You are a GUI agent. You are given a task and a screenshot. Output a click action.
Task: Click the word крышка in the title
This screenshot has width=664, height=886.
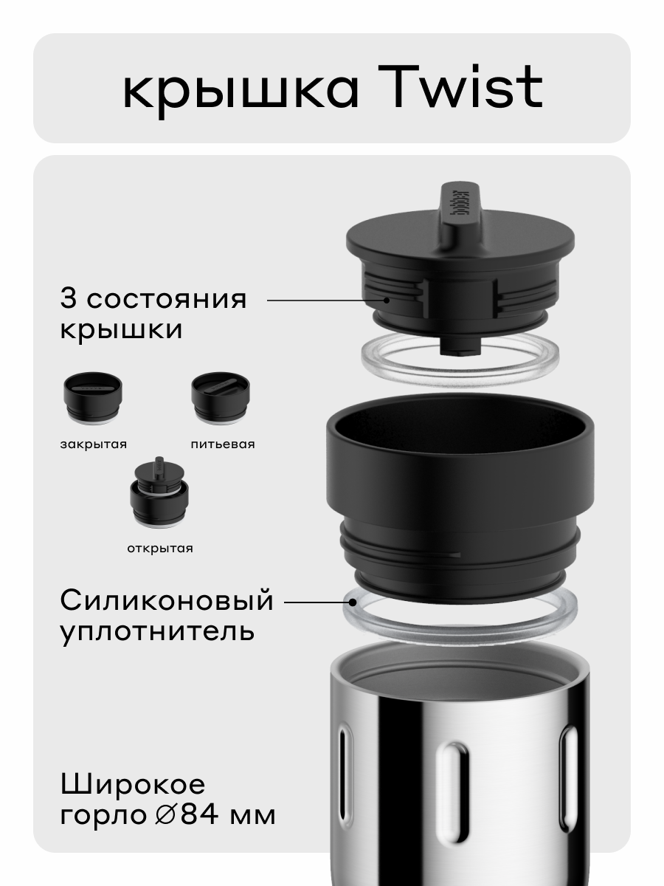point(241,91)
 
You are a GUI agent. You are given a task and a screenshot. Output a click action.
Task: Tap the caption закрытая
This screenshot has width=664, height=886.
point(94,444)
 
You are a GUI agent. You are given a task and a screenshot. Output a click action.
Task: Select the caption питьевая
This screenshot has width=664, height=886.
point(222,444)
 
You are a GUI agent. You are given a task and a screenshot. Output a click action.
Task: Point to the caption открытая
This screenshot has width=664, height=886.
point(159,548)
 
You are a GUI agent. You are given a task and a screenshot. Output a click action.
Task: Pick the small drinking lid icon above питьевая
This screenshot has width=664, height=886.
point(221,399)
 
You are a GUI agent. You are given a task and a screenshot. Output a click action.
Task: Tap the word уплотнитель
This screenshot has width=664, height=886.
point(157,632)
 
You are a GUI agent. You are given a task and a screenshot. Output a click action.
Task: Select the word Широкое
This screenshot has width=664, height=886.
point(133,783)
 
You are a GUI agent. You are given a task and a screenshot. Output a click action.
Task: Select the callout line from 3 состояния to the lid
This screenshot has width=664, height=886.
point(325,301)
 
